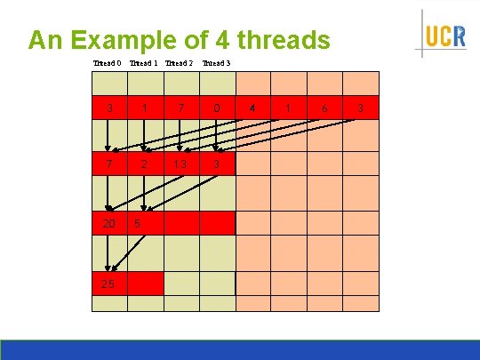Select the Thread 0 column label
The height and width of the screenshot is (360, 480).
click(107, 63)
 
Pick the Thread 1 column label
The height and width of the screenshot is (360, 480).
click(143, 63)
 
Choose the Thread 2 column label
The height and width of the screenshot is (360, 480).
click(179, 63)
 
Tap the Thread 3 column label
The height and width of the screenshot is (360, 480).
click(216, 63)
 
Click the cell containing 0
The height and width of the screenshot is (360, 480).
click(217, 108)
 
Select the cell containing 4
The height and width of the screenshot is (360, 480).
click(252, 108)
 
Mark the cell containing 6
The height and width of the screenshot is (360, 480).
click(324, 108)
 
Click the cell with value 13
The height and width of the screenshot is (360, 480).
click(180, 164)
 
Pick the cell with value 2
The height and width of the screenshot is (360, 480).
click(145, 164)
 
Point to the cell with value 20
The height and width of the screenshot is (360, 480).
click(108, 223)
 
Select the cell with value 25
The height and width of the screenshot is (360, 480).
click(108, 284)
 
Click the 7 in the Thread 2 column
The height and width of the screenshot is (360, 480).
click(180, 108)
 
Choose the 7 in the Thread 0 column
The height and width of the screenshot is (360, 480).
click(108, 164)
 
